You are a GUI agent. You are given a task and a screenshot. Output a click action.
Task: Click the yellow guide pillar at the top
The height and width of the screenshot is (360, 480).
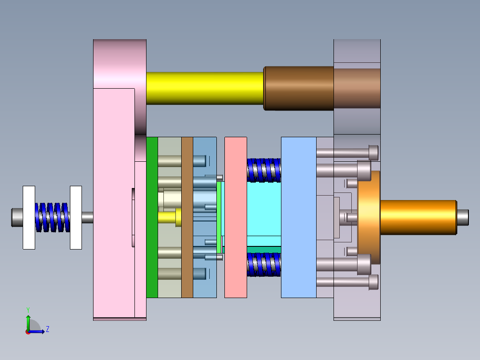coord(205,88)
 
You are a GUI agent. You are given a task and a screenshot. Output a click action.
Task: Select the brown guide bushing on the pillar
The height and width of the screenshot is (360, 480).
coord(298,88)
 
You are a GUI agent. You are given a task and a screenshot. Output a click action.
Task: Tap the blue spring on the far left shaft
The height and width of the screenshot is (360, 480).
coord(53,217)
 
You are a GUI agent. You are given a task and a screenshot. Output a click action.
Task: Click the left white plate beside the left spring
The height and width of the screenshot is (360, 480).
coord(29,217)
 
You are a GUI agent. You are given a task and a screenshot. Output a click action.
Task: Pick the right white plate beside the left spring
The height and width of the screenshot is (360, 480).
coord(76,217)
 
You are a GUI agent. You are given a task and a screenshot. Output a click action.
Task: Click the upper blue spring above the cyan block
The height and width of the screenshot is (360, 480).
coord(264,170)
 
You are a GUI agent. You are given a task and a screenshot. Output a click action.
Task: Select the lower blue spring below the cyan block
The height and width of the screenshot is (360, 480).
coord(264,265)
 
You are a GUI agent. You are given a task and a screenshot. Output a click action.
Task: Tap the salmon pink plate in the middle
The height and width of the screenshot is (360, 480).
coord(236,217)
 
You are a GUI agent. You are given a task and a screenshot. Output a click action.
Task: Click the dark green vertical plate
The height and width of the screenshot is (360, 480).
coord(152,217)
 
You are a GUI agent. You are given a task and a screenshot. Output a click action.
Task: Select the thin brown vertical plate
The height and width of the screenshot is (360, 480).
coord(187,217)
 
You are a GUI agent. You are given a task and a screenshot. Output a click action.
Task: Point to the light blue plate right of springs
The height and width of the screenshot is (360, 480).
coord(298,217)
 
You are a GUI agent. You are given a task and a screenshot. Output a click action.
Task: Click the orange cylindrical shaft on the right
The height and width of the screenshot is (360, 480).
coord(419,217)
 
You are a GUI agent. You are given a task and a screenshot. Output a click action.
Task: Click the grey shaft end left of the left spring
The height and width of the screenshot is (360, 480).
coord(16,217)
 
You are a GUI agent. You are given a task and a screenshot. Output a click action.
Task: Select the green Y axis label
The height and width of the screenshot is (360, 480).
coord(28,309)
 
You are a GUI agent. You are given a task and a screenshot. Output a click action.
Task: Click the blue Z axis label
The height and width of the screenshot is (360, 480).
coord(47,329)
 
